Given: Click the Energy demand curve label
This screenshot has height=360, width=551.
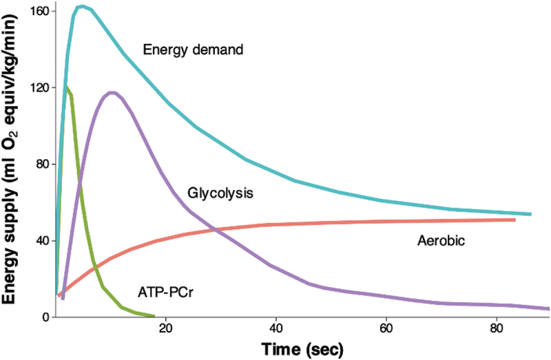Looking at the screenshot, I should click(194, 50).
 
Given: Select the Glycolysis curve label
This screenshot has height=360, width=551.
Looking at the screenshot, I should click(220, 193).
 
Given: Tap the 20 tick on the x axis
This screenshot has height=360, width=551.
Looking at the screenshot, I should click(165, 328).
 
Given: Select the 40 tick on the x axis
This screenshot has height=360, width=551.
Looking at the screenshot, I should click(275, 328).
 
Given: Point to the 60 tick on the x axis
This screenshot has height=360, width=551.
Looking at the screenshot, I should click(385, 328).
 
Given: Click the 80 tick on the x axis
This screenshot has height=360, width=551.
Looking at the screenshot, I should click(495, 328).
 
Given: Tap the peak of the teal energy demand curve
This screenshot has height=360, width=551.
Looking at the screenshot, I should click(81, 7).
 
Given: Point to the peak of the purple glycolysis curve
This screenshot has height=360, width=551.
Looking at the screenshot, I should click(112, 93).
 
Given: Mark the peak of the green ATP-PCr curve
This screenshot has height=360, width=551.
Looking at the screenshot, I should click(67, 87).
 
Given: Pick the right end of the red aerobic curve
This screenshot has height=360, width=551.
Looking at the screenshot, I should click(515, 220).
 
